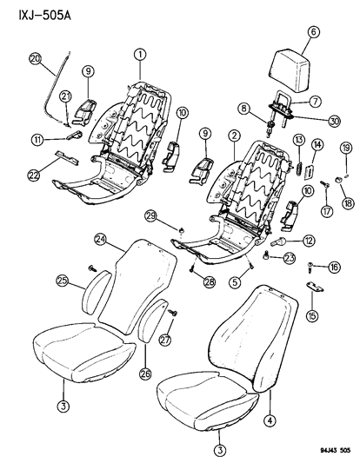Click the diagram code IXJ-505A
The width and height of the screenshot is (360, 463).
(44, 16)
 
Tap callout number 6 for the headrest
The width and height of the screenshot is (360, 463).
(313, 31)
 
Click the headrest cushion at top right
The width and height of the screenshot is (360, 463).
(290, 70)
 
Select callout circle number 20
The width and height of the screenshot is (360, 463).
(36, 59)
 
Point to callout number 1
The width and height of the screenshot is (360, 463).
(140, 55)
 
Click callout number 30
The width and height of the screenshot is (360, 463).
(334, 122)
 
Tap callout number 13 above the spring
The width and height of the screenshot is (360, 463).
(299, 140)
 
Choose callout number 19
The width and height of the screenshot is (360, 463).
(346, 148)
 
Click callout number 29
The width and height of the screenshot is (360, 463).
(151, 215)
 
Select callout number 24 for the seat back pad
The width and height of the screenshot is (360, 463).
(101, 240)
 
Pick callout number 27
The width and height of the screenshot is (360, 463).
(165, 340)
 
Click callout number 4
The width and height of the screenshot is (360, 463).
(270, 420)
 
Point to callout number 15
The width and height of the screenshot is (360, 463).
(312, 316)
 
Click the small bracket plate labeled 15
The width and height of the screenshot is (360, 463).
(315, 287)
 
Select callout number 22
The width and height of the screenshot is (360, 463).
(33, 175)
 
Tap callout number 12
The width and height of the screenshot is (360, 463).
(308, 241)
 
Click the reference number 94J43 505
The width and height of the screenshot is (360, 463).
(335, 450)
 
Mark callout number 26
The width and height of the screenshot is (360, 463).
(145, 374)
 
